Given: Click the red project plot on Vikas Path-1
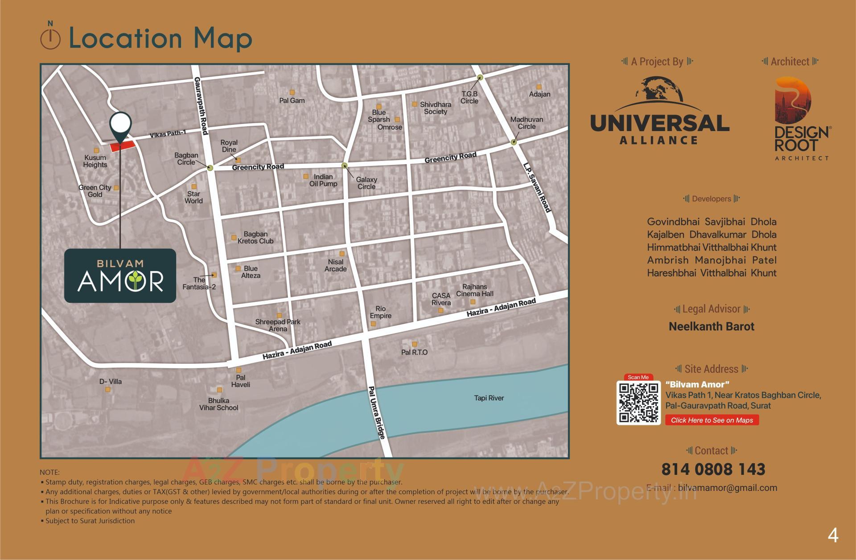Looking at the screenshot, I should [x=123, y=146].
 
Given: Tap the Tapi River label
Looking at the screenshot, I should [x=489, y=398].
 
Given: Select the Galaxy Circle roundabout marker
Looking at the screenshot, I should [x=344, y=166].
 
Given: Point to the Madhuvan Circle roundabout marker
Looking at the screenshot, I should [x=514, y=142].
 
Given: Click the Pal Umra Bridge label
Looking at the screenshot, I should [x=376, y=413].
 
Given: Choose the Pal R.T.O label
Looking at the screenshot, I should [x=414, y=352].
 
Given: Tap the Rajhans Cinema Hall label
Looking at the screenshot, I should [x=474, y=290].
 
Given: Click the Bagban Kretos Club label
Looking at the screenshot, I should [x=255, y=238].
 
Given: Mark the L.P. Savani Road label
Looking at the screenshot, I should [x=537, y=188].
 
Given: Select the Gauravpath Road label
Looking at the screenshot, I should [x=201, y=106].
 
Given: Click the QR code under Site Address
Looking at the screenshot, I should [x=638, y=403].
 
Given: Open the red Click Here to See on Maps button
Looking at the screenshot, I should [x=712, y=420].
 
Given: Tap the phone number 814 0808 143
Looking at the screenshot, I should [x=713, y=469].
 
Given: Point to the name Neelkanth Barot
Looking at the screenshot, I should [x=711, y=326].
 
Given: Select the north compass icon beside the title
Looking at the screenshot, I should [x=50, y=38].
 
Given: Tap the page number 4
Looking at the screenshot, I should [x=832, y=535].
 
